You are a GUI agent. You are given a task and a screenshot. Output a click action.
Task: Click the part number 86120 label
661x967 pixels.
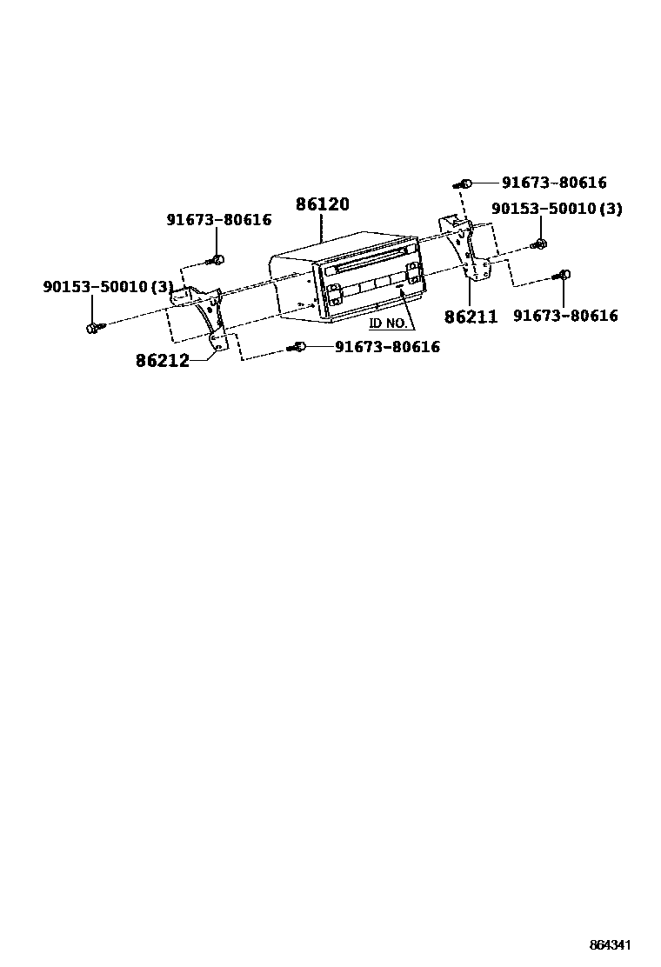pos(322,205)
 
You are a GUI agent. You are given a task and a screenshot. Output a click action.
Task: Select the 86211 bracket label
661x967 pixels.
pos(471,317)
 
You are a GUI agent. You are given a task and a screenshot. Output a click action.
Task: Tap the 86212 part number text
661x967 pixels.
pos(162,360)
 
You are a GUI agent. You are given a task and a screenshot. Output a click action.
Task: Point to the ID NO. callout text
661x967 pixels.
pos(388,323)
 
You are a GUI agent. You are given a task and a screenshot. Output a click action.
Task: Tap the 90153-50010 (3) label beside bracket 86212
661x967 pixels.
pos(108,286)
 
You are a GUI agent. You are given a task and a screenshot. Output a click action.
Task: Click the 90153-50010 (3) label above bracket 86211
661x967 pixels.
pos(557,210)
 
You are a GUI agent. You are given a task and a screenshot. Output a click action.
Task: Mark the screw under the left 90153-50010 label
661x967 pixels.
pos(93,327)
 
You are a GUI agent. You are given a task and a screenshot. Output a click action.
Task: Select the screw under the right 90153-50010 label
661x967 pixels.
pos(540,243)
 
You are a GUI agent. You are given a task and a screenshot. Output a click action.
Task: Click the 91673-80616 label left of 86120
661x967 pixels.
pos(218,221)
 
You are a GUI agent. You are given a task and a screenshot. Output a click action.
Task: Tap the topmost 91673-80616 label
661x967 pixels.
pos(553,183)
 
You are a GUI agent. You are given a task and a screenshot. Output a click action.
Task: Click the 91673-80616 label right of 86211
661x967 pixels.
pos(565,316)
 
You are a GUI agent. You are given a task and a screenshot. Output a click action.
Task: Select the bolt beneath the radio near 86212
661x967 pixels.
pos(298,347)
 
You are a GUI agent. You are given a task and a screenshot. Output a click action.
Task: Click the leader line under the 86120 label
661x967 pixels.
pos(322,228)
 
